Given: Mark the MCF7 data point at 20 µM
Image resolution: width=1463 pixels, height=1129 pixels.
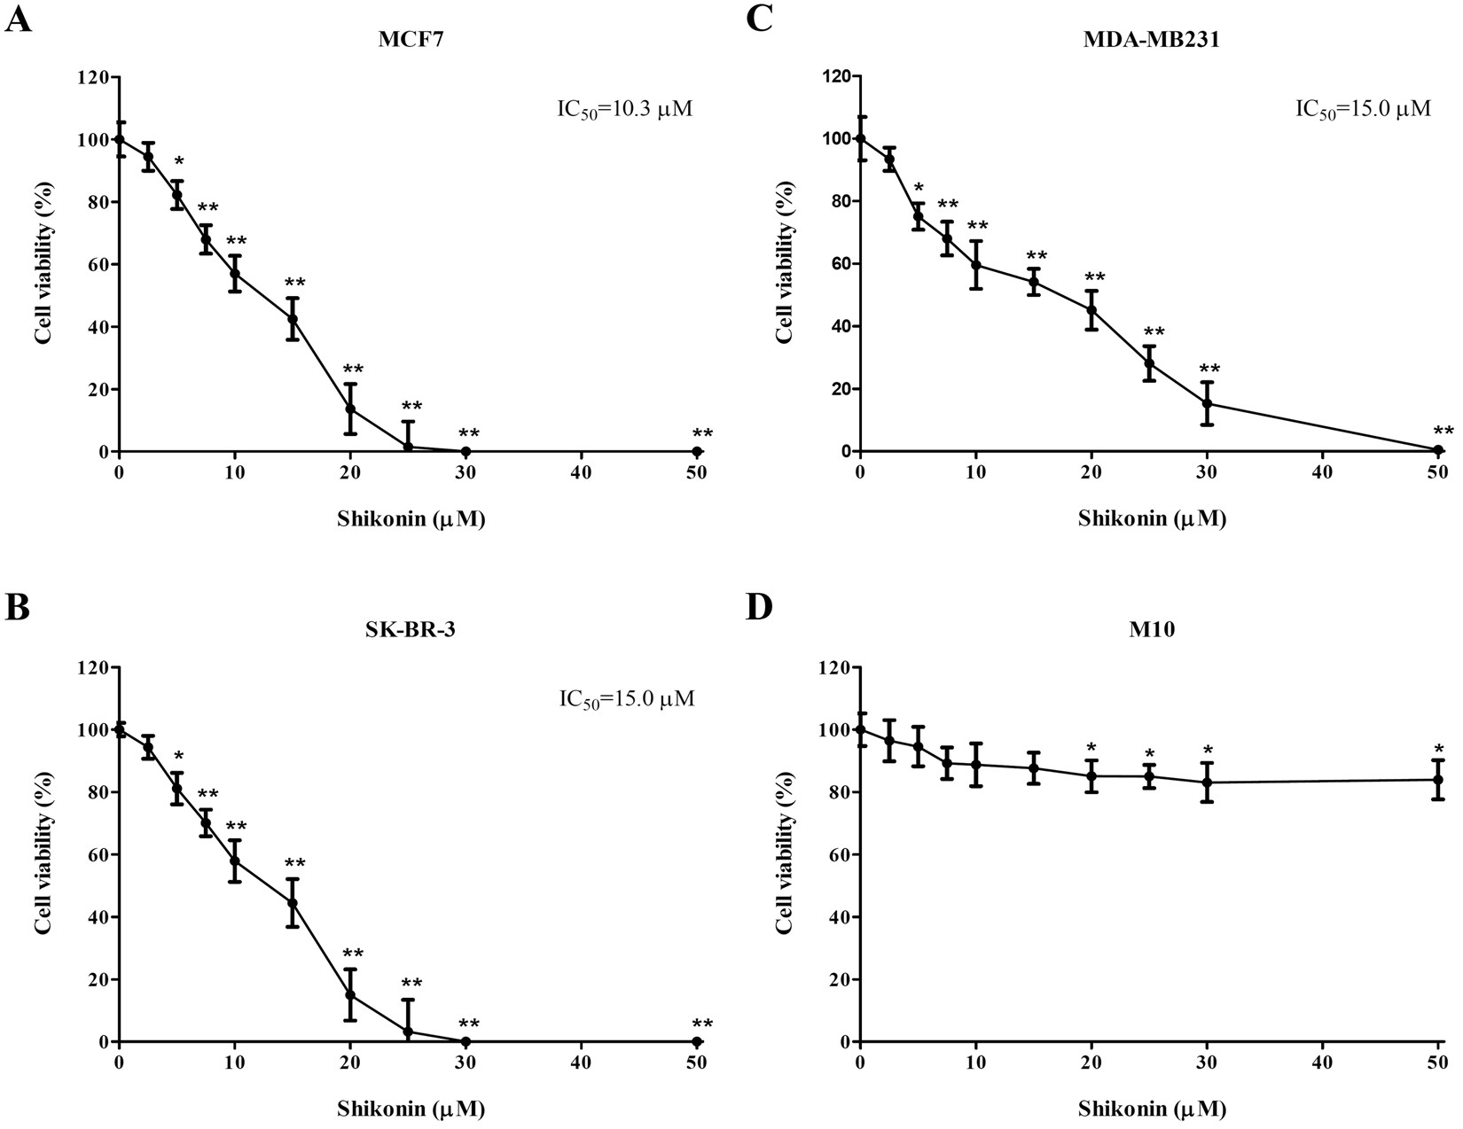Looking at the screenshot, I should click(x=350, y=409).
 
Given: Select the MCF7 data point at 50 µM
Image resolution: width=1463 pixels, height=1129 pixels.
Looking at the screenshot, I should click(x=697, y=451).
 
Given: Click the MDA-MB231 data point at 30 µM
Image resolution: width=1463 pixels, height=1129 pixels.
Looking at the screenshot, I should click(x=1207, y=404).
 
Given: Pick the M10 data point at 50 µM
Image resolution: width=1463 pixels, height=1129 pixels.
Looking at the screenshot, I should click(x=1438, y=780).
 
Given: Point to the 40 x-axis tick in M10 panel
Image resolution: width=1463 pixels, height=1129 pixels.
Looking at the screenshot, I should click(x=1322, y=1063).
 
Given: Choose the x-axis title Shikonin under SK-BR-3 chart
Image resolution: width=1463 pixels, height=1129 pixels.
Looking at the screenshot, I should click(x=411, y=1108).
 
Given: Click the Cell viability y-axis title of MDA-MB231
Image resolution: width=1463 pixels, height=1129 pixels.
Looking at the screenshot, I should click(x=783, y=264).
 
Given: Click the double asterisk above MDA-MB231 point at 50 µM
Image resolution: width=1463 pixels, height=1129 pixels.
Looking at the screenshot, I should click(x=1443, y=431).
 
